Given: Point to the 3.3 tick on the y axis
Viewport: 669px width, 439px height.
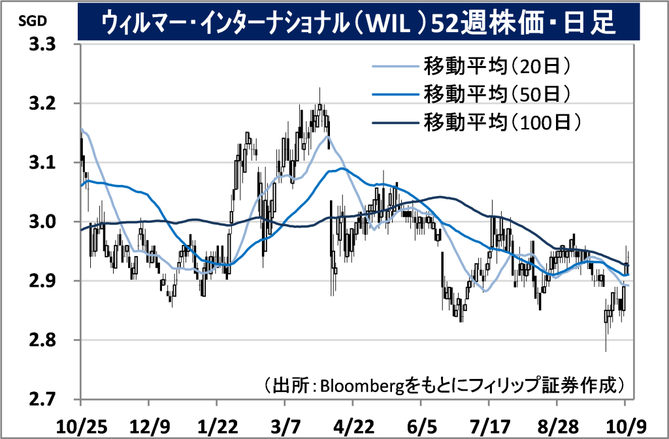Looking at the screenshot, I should pyautogui.click(x=41, y=45).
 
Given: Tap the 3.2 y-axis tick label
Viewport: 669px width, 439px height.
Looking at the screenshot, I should pyautogui.click(x=41, y=104).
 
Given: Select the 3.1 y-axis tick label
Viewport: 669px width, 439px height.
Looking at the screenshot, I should pyautogui.click(x=41, y=163).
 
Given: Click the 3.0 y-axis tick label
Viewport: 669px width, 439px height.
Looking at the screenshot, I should pyautogui.click(x=41, y=222).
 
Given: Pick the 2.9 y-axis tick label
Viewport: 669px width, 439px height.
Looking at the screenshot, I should pyautogui.click(x=41, y=281).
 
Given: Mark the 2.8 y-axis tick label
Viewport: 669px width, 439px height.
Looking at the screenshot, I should pyautogui.click(x=41, y=340).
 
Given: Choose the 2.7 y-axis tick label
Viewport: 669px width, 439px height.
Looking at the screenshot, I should pyautogui.click(x=41, y=399).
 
